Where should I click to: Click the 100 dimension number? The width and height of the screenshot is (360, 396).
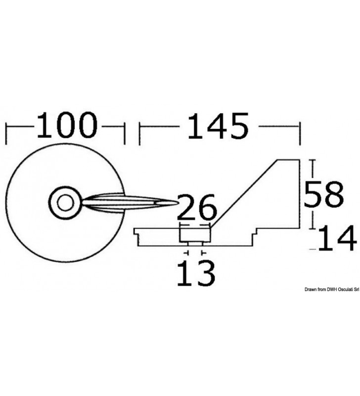[x=67, y=125]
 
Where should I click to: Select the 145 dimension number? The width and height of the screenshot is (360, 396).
[x=218, y=126]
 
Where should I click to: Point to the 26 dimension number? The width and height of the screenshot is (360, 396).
[x=197, y=207]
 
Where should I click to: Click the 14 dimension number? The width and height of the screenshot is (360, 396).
[x=338, y=239]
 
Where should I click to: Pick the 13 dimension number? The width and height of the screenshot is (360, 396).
[x=196, y=274]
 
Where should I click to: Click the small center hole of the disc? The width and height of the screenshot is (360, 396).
[x=65, y=203]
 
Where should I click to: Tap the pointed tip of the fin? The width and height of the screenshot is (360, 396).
[x=177, y=202]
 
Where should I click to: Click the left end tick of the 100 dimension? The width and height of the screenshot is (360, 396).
[x=6, y=134]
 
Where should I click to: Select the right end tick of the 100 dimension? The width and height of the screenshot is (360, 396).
[x=125, y=134]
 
